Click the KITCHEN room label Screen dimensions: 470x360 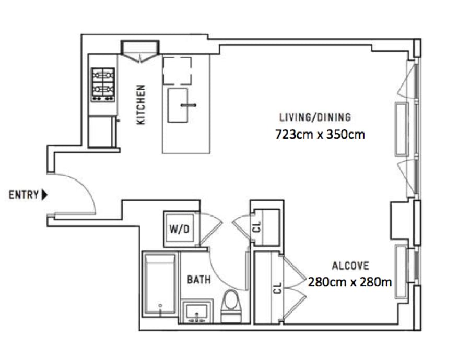pyautogui.click(x=140, y=104)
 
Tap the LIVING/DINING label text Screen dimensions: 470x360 pyautogui.click(x=315, y=117)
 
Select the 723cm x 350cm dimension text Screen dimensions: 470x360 pyautogui.click(x=320, y=135)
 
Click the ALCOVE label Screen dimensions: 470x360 pyautogui.click(x=350, y=266)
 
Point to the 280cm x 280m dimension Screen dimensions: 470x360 pyautogui.click(x=350, y=282)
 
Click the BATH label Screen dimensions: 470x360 pyautogui.click(x=199, y=280)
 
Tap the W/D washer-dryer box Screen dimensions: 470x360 pyautogui.click(x=180, y=229)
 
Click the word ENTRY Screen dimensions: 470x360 pyautogui.click(x=23, y=195)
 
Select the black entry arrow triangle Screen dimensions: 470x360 pyautogui.click(x=45, y=195)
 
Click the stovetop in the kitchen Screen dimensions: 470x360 pyautogui.click(x=103, y=85)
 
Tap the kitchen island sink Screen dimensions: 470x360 pyautogui.click(x=178, y=105)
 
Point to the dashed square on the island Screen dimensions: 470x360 pyautogui.click(x=177, y=71)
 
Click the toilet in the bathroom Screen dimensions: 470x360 pyautogui.click(x=231, y=306)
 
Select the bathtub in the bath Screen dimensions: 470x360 pyautogui.click(x=160, y=284)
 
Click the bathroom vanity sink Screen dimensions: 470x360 pyautogui.click(x=197, y=311)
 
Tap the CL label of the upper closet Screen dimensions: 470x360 pyautogui.click(x=257, y=227)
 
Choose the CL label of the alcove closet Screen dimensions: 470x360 pyautogui.click(x=278, y=288)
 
